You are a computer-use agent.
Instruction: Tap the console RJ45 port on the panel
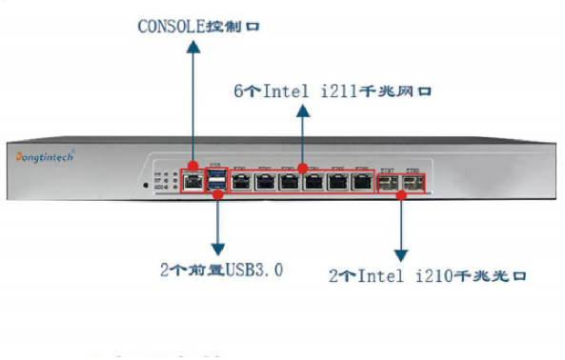point(193,180)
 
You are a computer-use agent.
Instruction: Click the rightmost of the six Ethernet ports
point(360,181)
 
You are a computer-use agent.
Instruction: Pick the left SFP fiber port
point(389,181)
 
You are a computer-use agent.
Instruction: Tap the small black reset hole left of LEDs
point(145,183)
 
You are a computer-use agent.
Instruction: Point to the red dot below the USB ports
point(217,194)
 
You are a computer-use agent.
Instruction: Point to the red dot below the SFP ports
point(401,194)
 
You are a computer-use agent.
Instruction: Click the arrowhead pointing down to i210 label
point(401,255)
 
